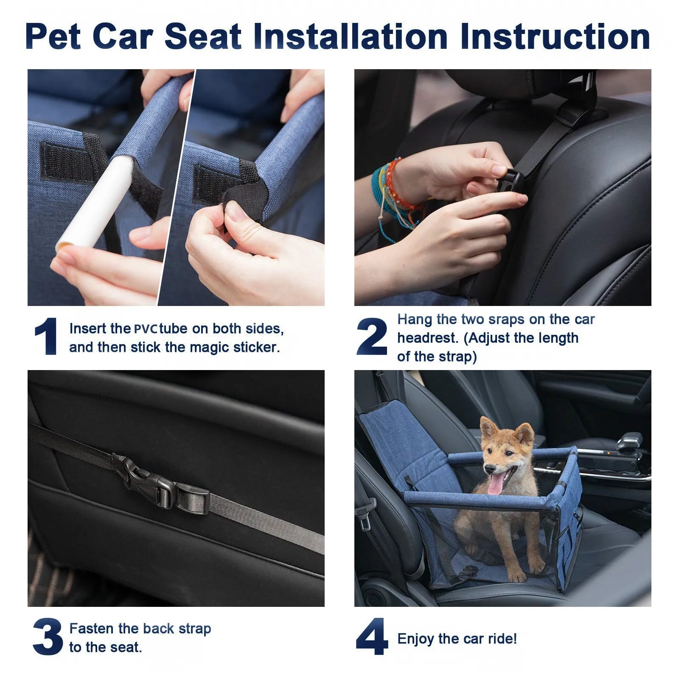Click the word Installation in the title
[351, 36]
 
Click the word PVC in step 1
[146, 329]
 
